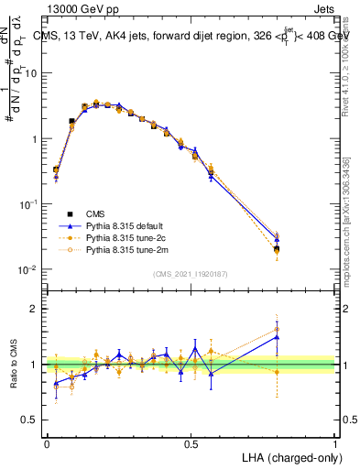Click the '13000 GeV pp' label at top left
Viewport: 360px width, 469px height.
point(78,8)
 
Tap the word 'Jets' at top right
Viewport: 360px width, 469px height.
point(323,8)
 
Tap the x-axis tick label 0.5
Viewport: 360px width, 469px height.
point(191,442)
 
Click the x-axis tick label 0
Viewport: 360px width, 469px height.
point(47,442)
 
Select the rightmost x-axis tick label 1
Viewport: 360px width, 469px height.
point(335,442)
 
